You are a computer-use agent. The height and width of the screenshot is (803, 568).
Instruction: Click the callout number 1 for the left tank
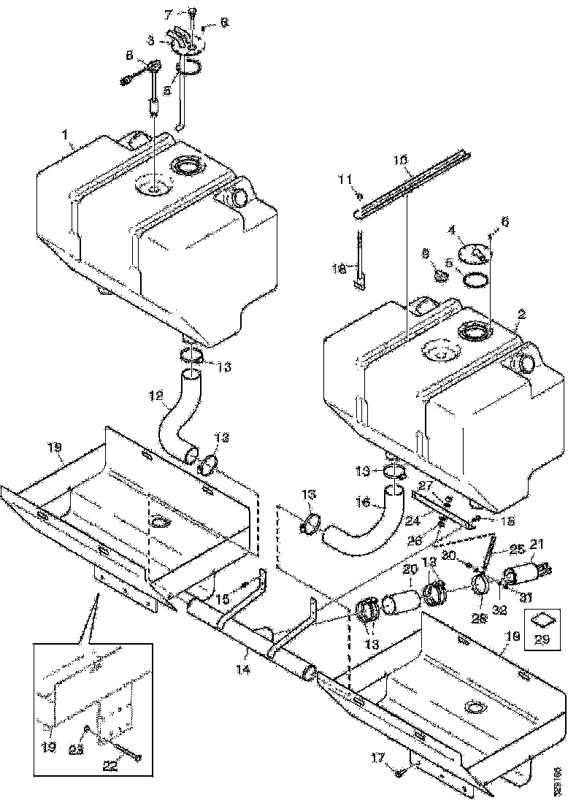tap(66, 137)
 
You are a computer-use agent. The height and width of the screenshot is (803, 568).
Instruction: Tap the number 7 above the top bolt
tap(168, 15)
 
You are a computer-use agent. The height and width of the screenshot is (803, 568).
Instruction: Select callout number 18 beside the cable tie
tap(339, 269)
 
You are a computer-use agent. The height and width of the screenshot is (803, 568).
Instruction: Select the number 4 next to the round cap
tap(452, 230)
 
